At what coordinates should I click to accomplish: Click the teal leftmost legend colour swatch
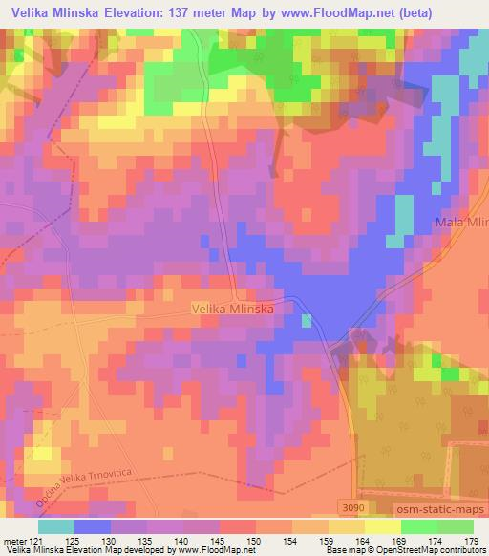pos(57,526)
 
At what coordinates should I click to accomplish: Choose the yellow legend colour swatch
pos(380,526)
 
